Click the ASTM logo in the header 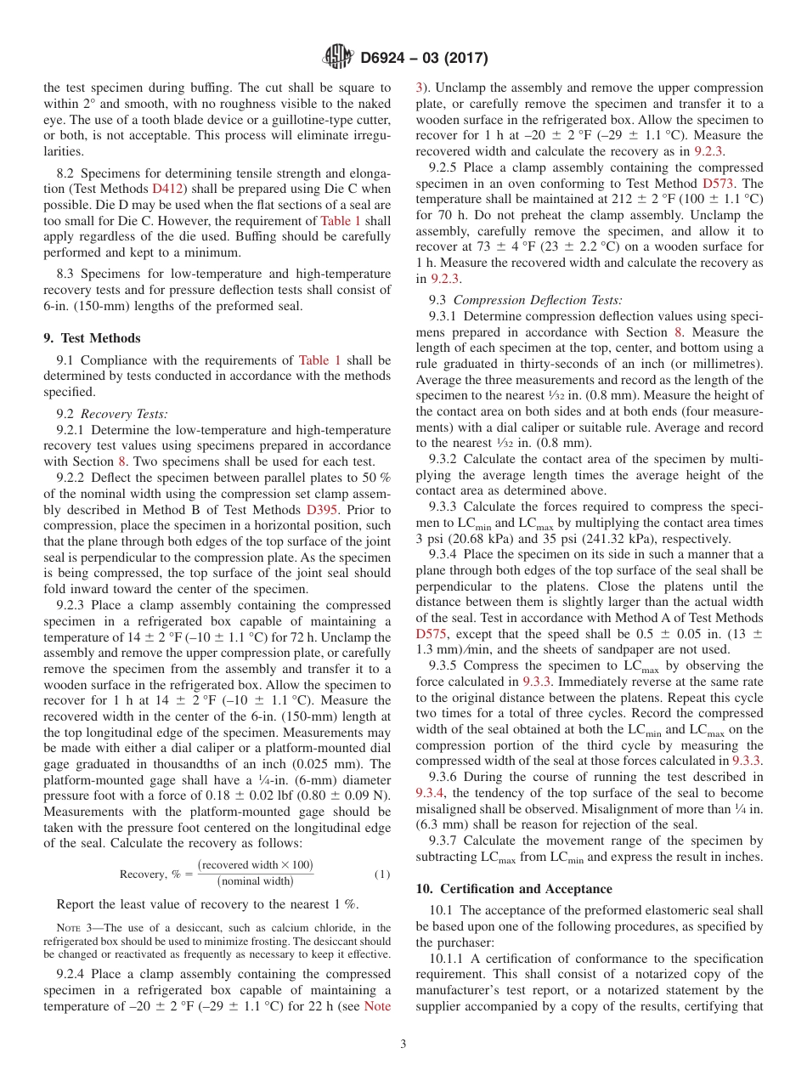click(338, 58)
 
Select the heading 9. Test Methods click(92, 337)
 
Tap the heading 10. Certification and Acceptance click(513, 888)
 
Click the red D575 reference click(432, 634)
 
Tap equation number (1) click(382, 874)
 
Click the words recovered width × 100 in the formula click(255, 865)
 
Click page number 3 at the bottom click(403, 1044)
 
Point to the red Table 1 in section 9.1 click(319, 360)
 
